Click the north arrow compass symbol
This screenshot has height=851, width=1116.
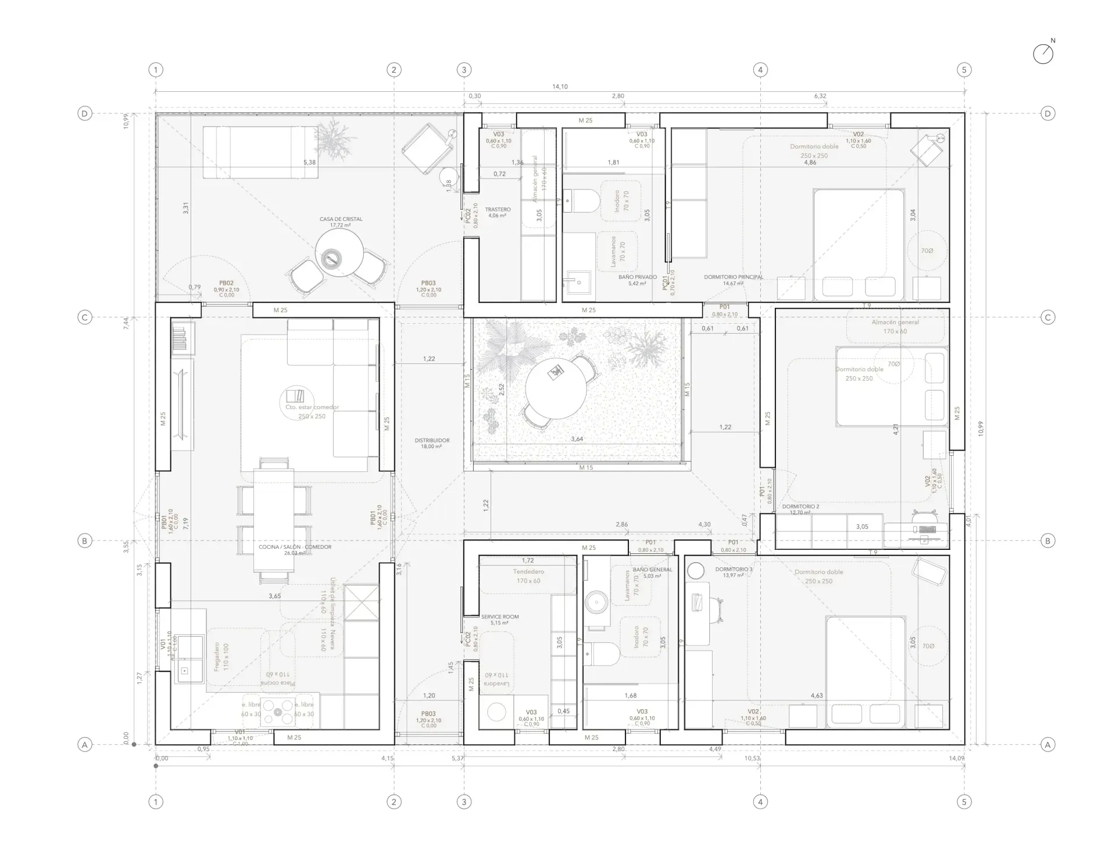point(1043,54)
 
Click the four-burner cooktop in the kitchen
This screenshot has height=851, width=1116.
point(277,712)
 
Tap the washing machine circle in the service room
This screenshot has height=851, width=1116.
point(496,712)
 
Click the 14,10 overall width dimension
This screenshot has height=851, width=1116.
point(560,87)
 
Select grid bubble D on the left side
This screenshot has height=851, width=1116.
point(85,113)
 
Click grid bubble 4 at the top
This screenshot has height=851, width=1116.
point(760,70)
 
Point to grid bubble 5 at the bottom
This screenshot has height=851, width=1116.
point(964,802)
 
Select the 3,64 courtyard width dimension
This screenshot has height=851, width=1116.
point(577,439)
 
